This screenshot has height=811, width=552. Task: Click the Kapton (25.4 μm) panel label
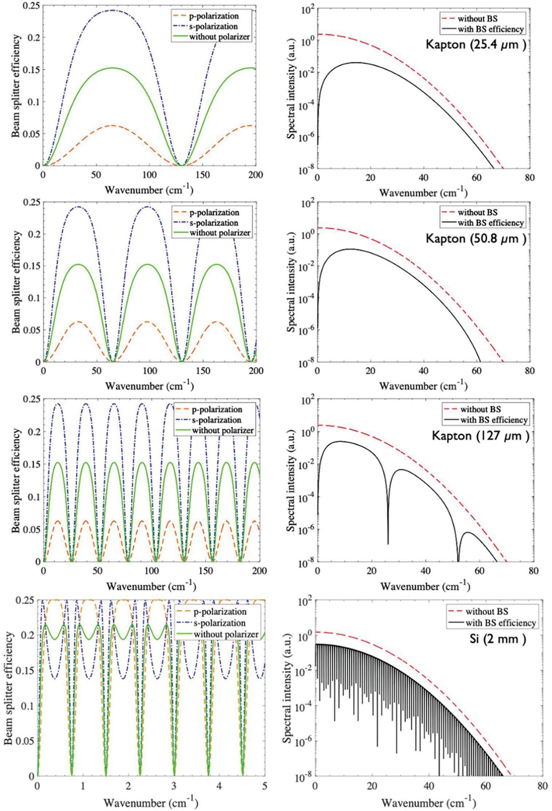476,46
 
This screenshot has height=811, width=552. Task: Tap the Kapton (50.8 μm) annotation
476,239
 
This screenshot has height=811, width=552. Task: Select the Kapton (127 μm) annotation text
480,436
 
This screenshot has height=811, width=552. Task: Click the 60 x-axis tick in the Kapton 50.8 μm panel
477,371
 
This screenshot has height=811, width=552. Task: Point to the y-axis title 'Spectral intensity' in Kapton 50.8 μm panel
291,284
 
